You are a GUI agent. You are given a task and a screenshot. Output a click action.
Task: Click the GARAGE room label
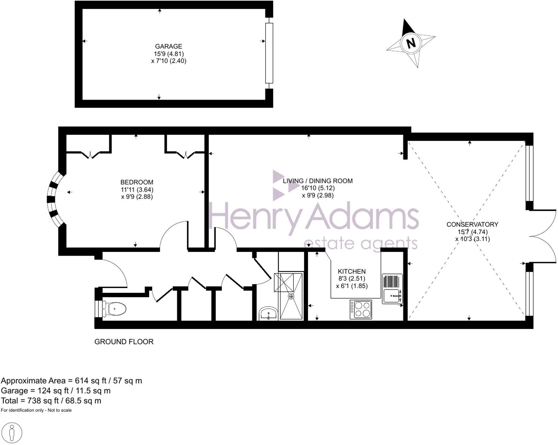168,46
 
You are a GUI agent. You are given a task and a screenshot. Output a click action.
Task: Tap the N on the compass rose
411,43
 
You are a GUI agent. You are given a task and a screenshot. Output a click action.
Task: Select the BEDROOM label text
137,182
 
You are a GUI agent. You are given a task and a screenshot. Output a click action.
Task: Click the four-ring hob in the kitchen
361,309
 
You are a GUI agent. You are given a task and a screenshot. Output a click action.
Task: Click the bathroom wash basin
268,313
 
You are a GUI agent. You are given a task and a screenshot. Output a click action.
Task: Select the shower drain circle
291,296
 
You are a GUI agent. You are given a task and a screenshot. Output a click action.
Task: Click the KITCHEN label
352,271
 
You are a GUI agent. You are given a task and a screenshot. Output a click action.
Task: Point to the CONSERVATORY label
472,224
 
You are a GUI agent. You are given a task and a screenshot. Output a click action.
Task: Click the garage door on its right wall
269,53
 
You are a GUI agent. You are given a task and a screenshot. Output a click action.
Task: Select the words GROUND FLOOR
124,342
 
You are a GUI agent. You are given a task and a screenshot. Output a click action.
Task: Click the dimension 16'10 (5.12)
318,188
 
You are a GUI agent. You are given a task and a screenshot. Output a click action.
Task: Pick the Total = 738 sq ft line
51,401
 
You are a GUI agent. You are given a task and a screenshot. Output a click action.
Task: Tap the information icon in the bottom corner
12,433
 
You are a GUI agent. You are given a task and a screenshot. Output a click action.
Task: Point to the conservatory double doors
543,236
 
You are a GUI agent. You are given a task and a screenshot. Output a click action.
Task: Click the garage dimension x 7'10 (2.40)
168,61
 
